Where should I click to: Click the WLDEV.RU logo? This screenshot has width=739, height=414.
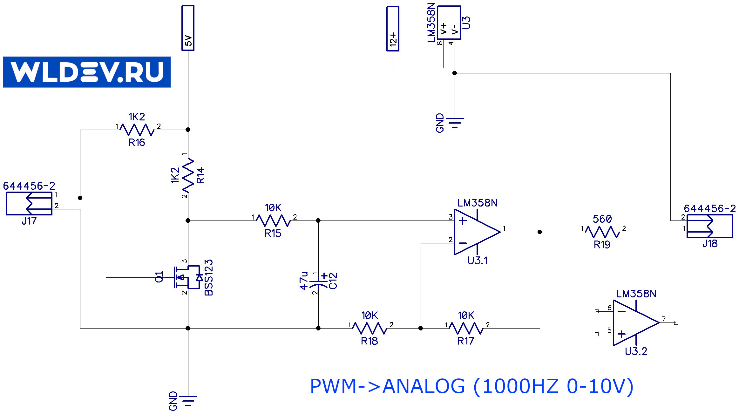(86, 72)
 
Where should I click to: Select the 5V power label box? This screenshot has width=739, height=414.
(188, 28)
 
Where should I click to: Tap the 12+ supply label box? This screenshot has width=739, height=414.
(393, 29)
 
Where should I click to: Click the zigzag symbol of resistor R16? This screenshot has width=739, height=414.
(137, 130)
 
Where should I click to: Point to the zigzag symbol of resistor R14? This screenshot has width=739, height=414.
(188, 175)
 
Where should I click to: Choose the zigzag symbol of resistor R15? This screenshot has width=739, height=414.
(273, 221)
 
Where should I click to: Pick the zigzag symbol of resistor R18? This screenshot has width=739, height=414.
(369, 328)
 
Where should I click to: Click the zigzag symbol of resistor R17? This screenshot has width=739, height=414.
(466, 328)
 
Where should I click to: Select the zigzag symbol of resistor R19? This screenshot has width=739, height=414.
(602, 232)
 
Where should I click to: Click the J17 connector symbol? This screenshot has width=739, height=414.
(29, 203)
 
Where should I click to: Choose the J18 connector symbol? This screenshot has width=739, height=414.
(710, 226)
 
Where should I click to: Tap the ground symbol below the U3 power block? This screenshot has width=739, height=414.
(455, 122)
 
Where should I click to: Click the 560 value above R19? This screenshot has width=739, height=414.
(602, 219)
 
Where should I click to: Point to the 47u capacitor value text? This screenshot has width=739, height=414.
(304, 281)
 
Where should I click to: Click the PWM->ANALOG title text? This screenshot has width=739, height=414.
(471, 386)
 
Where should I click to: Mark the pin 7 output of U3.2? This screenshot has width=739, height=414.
(676, 323)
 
